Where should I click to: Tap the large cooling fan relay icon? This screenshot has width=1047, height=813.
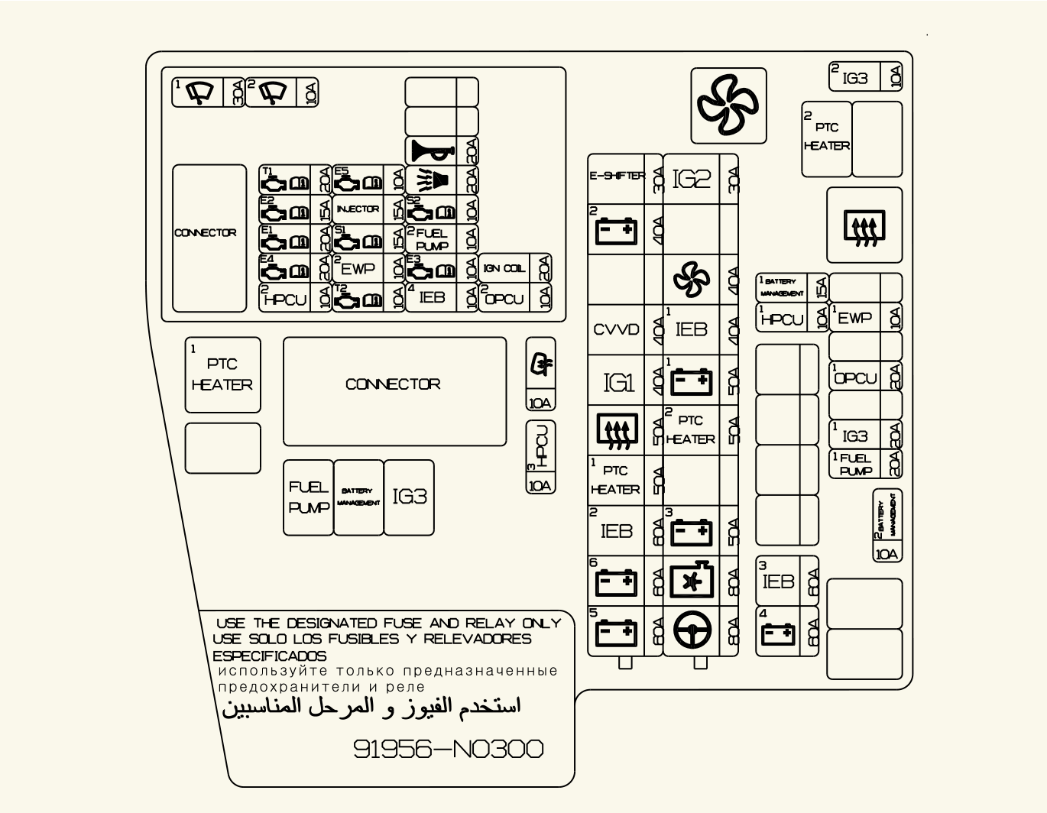click(x=728, y=105)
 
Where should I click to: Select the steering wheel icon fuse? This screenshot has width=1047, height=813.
click(x=692, y=631)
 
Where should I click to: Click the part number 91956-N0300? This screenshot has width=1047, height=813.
click(x=449, y=749)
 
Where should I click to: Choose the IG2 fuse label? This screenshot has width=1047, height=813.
click(x=692, y=179)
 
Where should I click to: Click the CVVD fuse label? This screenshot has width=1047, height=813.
click(x=616, y=329)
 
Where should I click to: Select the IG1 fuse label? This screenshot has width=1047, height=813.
click(x=618, y=382)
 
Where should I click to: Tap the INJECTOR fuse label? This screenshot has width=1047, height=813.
click(x=358, y=209)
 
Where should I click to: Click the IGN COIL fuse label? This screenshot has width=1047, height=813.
click(x=504, y=268)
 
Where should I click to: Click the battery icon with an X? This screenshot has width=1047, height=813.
click(x=692, y=581)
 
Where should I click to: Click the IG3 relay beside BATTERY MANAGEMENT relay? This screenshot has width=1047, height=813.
click(x=409, y=497)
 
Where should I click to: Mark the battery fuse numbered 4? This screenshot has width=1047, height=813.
click(x=778, y=633)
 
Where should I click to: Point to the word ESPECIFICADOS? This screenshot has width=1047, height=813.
click(x=269, y=656)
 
